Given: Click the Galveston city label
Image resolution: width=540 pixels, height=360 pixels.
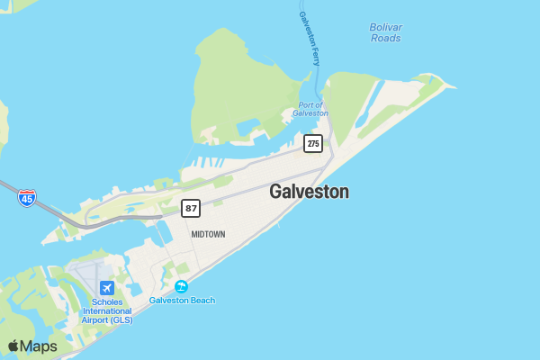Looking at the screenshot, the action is tap(309, 192).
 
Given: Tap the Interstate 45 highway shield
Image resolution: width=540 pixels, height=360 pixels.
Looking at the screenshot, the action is tap(27, 197).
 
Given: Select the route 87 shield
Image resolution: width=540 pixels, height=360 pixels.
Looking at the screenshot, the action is tap(191, 208).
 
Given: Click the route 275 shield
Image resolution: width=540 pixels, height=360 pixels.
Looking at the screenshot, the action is tap(312, 143).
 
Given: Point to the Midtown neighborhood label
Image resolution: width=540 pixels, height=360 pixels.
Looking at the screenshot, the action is tap(208, 234).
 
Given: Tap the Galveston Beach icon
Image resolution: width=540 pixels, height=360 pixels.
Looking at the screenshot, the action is tap(182, 286).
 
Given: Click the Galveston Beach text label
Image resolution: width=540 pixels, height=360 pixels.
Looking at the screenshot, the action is tap(182, 301).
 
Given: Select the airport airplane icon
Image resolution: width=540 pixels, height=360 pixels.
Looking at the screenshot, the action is tap(107, 287).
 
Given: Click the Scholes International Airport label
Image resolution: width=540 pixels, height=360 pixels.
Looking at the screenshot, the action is tap(107, 310).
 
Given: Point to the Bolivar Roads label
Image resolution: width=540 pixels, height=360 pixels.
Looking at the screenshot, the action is tap(385, 32).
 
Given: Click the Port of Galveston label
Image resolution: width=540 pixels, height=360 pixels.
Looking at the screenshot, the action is tap(311, 109).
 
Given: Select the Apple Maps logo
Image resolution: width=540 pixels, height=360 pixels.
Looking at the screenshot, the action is tap(32, 346).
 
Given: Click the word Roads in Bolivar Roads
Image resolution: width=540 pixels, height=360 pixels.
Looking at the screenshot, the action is tap(385, 38).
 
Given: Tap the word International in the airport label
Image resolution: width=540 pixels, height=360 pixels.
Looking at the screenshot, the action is tap(107, 310).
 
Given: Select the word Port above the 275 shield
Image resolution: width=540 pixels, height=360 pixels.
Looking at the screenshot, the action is tap(304, 104).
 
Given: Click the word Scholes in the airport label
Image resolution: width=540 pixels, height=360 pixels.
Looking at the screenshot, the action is tap(107, 301).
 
